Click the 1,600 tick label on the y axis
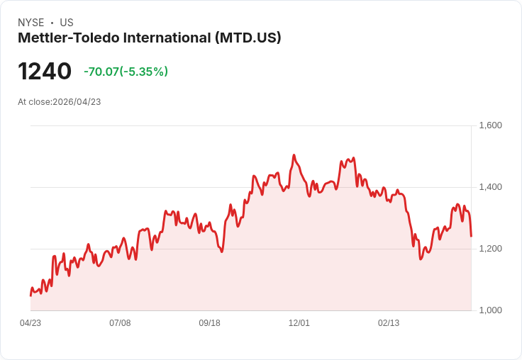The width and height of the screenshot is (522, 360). tap(490, 125)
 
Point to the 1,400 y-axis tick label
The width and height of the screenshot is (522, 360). tap(490, 187)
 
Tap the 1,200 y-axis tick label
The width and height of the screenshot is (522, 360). tap(490, 249)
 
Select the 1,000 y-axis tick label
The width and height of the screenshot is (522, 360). tap(490, 310)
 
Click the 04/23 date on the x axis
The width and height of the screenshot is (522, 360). tap(30, 323)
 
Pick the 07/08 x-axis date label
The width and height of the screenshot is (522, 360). tap(120, 323)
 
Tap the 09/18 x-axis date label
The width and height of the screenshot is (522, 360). tap(209, 323)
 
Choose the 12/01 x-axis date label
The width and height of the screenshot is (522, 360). tap(299, 323)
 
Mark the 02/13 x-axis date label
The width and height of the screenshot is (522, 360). tap(389, 323)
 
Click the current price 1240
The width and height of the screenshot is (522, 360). tap(45, 72)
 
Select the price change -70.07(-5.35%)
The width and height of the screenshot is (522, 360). tap(126, 72)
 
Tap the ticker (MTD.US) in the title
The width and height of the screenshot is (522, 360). tap(248, 38)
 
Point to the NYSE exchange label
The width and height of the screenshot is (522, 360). tap(30, 23)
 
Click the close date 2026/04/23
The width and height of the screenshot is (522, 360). tap(77, 102)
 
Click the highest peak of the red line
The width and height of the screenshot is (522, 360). tap(294, 155)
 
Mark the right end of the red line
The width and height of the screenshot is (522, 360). tap(471, 236)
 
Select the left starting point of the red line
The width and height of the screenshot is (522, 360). tap(30, 295)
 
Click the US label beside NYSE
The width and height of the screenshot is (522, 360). tap(67, 23)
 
